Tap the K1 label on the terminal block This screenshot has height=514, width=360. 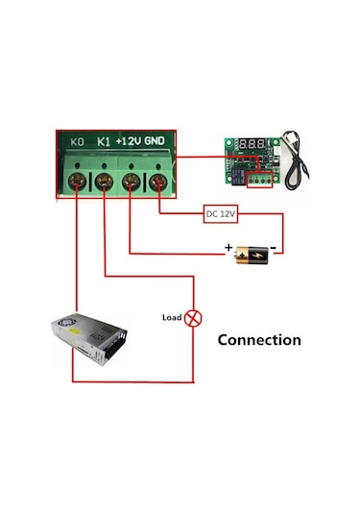104,142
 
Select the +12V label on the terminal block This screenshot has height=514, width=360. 129,141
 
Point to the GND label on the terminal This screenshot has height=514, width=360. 155,141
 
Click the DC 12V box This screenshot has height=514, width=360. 221,214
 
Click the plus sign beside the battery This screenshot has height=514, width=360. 228,249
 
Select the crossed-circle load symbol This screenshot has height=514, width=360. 192,317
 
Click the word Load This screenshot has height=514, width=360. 171,317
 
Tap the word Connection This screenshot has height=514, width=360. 258,339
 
